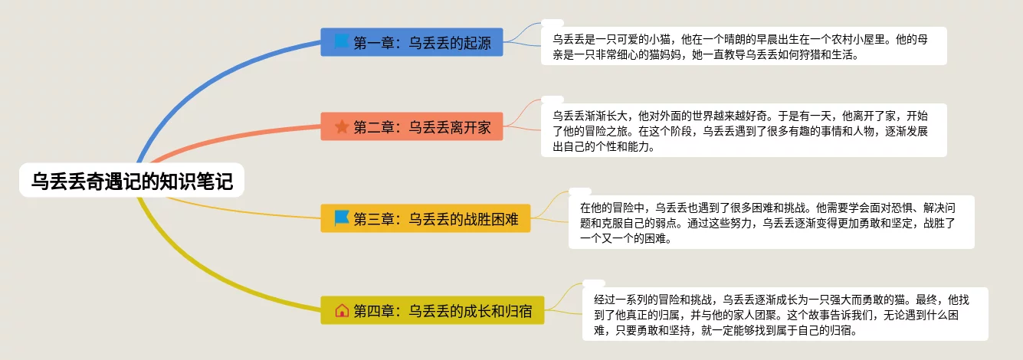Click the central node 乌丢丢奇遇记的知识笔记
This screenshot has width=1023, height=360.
click(x=132, y=180)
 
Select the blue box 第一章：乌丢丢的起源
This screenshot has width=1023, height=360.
click(x=411, y=42)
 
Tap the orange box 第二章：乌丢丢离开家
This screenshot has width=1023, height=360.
click(x=411, y=126)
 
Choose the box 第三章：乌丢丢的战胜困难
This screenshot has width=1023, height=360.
click(x=425, y=218)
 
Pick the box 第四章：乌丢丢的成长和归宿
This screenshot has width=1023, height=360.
click(x=432, y=310)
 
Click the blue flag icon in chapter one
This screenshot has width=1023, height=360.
click(x=341, y=41)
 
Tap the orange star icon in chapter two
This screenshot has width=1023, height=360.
click(x=342, y=126)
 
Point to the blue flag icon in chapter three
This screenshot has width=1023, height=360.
click(x=341, y=218)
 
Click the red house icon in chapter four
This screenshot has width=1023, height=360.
click(x=342, y=310)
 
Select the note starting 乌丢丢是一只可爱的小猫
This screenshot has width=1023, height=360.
click(x=744, y=46)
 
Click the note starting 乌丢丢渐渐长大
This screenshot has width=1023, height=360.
click(x=744, y=130)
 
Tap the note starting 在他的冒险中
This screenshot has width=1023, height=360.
click(x=772, y=222)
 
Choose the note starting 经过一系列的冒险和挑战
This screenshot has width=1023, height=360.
click(x=785, y=314)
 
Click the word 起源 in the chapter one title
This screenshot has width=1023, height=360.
click(x=477, y=42)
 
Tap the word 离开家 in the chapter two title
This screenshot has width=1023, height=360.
click(x=471, y=127)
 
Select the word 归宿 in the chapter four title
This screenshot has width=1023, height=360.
click(x=518, y=311)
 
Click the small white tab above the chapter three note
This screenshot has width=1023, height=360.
click(x=580, y=191)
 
